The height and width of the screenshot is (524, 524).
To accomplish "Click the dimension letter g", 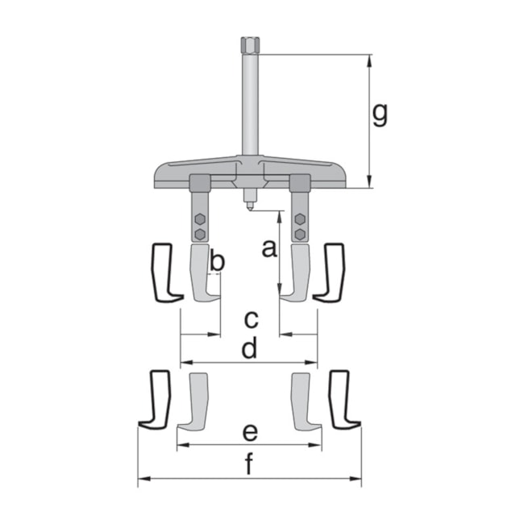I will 380,115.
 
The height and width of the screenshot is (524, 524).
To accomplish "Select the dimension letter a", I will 269,248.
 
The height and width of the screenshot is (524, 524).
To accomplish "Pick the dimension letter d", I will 250,348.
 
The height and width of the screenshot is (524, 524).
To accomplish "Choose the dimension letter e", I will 250,432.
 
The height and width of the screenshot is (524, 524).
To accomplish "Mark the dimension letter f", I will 250,466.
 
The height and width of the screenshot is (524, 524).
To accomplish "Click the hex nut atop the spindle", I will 250,44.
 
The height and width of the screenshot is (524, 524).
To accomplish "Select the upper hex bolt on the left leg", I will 199,219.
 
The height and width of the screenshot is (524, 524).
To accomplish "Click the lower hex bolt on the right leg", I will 300,233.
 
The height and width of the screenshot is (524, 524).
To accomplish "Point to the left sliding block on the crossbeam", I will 199,183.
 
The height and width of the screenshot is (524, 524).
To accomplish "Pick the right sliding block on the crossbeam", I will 300,183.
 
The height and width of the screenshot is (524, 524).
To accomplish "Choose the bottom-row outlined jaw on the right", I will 342,400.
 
